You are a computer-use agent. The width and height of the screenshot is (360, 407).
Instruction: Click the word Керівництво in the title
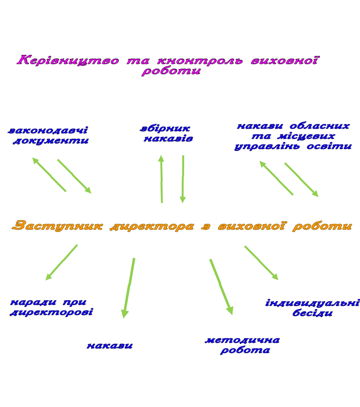68,60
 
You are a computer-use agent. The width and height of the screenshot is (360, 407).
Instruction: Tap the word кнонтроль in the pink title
200,61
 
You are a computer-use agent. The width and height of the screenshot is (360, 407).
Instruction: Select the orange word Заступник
57,226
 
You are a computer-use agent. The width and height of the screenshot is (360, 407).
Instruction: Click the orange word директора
152,227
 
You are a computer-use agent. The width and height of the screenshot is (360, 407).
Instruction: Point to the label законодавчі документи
48,135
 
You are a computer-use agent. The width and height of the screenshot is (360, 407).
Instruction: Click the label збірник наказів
167,133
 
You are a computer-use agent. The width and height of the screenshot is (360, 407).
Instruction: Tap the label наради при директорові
51,307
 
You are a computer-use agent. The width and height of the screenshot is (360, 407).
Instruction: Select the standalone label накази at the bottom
110,346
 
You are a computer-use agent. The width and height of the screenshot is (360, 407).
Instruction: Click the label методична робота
242,345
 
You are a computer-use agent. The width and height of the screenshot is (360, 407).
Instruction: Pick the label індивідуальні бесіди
312,308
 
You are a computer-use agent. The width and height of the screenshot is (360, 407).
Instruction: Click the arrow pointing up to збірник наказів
162,179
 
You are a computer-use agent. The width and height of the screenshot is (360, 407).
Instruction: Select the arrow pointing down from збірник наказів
183,179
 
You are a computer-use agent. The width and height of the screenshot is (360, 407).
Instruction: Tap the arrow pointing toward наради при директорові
61,262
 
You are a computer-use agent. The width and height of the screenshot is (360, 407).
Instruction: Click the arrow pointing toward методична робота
221,287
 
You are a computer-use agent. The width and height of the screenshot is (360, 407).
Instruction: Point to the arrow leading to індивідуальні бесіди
261,263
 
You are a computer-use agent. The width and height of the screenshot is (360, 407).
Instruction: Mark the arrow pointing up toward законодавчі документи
49,175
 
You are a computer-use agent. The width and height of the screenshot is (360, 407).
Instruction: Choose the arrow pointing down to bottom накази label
128,288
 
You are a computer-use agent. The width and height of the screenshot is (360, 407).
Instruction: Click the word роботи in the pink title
171,71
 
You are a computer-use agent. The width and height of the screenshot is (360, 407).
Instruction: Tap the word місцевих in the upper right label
306,136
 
